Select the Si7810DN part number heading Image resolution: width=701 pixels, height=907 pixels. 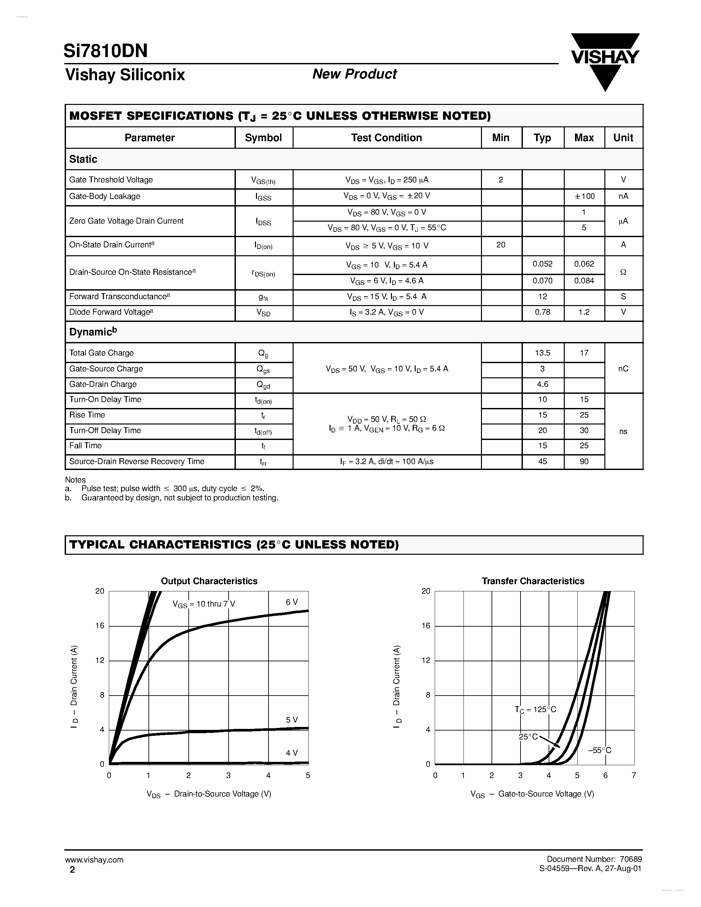pos(106,51)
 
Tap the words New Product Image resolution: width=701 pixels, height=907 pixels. pos(354,74)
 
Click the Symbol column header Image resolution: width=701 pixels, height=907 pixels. pos(263,138)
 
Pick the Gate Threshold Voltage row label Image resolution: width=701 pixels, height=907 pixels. pos(111,180)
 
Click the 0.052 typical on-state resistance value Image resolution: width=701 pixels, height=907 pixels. pos(542,264)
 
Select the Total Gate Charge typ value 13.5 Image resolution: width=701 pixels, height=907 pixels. pos(542,353)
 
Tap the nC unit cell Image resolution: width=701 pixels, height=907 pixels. pos(623,369)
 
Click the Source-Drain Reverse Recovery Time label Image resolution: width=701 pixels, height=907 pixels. pos(137,461)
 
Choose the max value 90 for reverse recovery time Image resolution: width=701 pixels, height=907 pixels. pos(584,461)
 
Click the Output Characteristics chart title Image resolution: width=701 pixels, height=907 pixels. pos(209,581)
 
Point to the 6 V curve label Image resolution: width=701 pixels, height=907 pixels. pos(292,602)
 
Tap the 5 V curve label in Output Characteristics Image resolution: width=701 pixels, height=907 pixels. pos(292,720)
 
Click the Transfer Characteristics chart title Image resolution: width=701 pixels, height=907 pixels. pos(533,581)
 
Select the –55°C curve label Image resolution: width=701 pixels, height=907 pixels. pos(599,750)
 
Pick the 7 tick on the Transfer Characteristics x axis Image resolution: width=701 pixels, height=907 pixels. pos(634,775)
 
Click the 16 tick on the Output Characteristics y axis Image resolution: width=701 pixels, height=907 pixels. pos(100,626)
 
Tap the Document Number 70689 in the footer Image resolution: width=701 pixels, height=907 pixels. pos(594,859)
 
